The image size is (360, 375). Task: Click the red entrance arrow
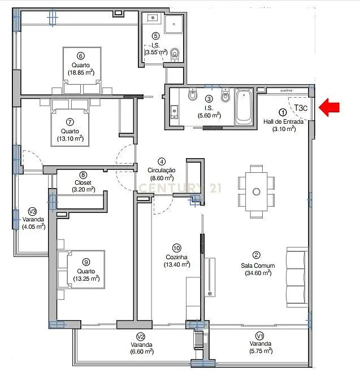[329, 108]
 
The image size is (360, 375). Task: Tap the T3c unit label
[301, 108]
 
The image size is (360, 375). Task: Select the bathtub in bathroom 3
[244, 107]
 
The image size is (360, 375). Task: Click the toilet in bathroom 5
[175, 55]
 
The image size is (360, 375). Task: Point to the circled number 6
[81, 56]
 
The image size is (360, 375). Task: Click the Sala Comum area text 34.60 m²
[258, 273]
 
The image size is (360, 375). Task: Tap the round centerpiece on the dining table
[257, 191]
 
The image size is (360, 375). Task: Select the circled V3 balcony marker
[32, 211]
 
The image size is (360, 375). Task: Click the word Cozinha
[177, 257]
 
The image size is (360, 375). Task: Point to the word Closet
[83, 182]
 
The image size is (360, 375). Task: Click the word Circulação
[161, 171]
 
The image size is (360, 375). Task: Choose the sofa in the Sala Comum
[297, 277]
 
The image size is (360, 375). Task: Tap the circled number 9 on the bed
[86, 262]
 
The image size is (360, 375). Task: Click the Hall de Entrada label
[283, 121]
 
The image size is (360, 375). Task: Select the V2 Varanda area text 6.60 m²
[142, 351]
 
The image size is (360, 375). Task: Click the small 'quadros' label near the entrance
[286, 90]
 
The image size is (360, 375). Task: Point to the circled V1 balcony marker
[260, 336]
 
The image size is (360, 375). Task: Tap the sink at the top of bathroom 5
[152, 18]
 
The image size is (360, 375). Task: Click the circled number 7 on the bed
[70, 122]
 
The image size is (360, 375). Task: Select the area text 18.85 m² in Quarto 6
[81, 72]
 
